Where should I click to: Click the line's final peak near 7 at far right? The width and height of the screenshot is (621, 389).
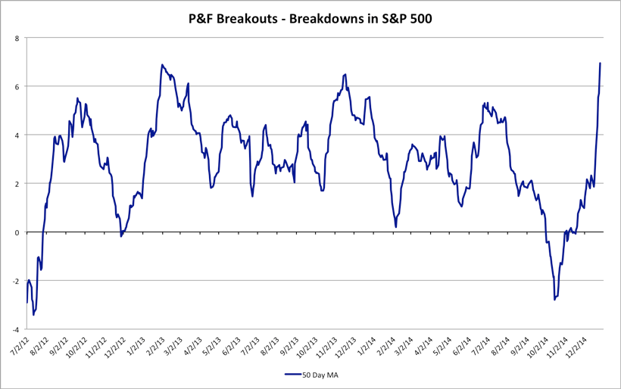point(601,63)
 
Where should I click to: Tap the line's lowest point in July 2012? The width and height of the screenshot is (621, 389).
point(33,315)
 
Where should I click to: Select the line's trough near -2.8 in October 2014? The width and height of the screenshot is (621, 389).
point(554,300)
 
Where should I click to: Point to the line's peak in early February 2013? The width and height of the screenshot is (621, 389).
point(162,65)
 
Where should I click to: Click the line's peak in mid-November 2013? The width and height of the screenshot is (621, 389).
point(345,74)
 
